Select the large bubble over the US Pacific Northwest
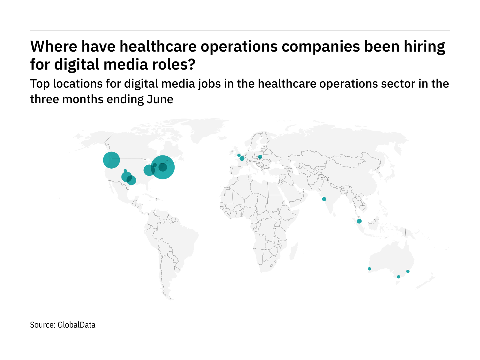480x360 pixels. click(x=111, y=160)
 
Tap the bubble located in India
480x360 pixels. click(x=324, y=199)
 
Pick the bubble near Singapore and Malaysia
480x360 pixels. click(x=359, y=221)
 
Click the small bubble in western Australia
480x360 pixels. click(x=369, y=269)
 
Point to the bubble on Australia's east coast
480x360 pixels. click(x=408, y=271)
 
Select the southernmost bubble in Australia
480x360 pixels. click(x=398, y=277)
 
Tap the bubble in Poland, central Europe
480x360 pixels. click(x=260, y=157)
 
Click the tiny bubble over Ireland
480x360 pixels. click(x=239, y=155)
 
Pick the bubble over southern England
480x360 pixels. click(x=242, y=158)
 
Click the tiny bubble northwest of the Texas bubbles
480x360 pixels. click(x=125, y=171)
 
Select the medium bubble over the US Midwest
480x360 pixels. click(x=149, y=170)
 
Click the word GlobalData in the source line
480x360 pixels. click(x=76, y=325)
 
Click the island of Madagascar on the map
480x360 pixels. click(x=294, y=250)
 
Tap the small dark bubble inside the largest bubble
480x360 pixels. click(x=163, y=167)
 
